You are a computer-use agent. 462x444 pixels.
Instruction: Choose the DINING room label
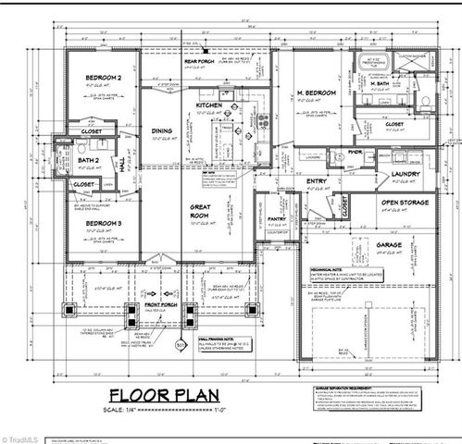(162, 130)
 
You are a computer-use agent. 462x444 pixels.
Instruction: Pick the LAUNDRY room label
(406, 173)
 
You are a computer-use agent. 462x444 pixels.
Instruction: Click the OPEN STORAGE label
(405, 202)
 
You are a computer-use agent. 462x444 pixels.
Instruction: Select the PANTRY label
(277, 219)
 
